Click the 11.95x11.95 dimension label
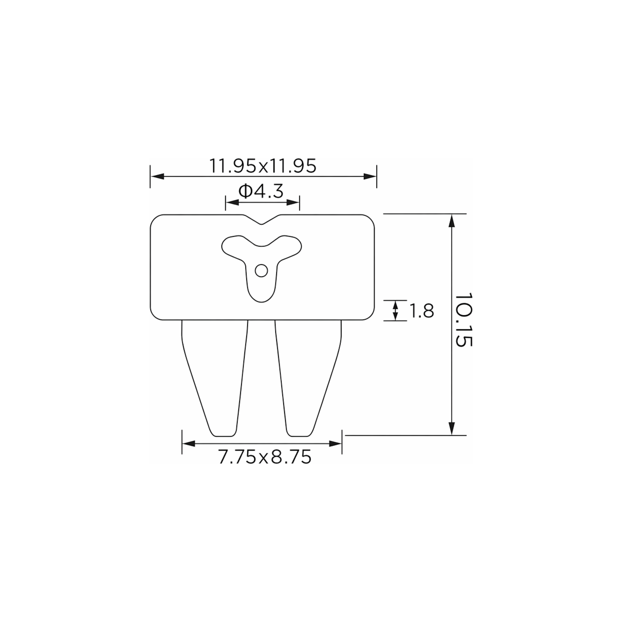pos(263,166)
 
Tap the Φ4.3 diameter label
pos(261,191)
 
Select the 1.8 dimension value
pos(421,311)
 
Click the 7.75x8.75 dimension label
pos(265,457)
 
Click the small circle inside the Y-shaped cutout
pos(261,271)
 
